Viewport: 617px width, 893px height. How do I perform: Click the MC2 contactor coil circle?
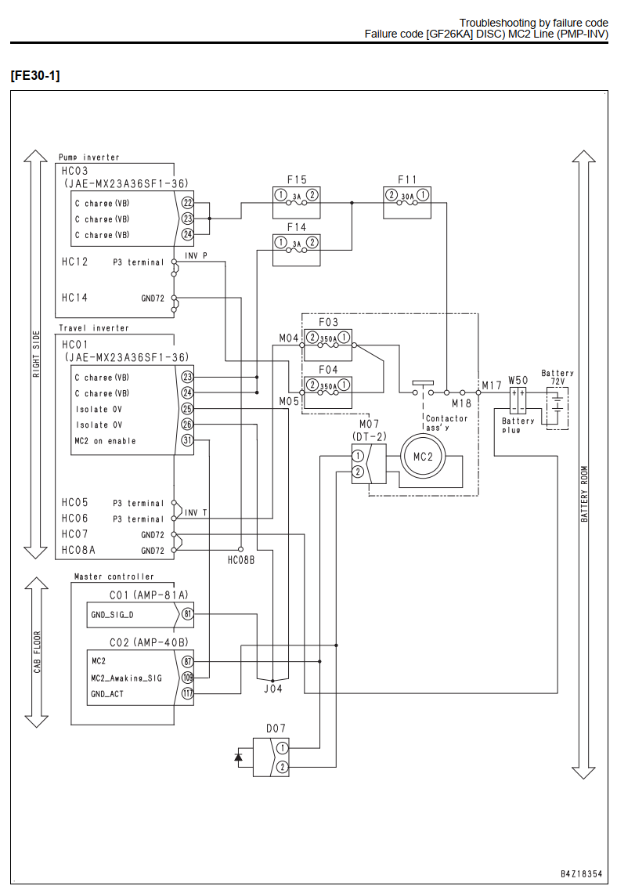tap(423, 456)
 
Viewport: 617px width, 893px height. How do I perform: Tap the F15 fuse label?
tap(297, 180)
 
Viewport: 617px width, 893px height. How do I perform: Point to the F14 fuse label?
tap(297, 227)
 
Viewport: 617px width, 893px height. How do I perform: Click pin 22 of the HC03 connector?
tap(187, 203)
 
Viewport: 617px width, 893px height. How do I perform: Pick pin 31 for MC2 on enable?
tap(187, 440)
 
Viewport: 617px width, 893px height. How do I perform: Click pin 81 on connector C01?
tap(187, 614)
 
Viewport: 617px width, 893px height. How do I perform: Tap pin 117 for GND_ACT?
tap(187, 694)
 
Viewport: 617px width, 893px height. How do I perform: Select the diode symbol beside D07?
tap(239, 757)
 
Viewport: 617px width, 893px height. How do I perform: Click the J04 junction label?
tap(273, 689)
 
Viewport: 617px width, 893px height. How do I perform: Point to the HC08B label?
tap(241, 560)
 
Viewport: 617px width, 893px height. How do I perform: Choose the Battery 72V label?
tap(557, 377)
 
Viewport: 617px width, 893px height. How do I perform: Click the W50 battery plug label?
tap(518, 380)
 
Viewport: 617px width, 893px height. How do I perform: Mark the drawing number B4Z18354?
tap(581, 873)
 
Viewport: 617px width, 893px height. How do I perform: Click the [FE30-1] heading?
tap(34, 76)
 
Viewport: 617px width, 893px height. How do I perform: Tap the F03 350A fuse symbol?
tap(328, 338)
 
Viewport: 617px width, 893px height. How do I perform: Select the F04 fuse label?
tap(328, 371)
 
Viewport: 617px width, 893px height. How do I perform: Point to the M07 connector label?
tap(369, 425)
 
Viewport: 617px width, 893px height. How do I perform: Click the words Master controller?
tap(114, 577)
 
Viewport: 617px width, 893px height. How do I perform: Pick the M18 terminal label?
tap(462, 403)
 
